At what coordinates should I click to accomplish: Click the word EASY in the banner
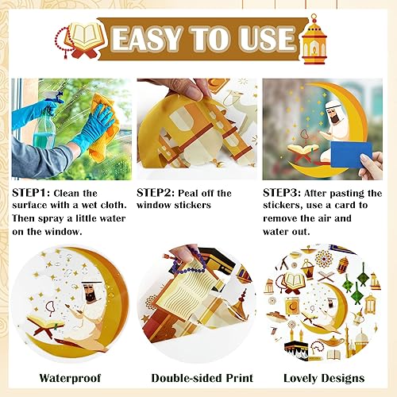pyautogui.click(x=146, y=39)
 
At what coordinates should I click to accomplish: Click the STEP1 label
pyautogui.click(x=31, y=193)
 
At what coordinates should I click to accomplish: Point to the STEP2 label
pyautogui.click(x=156, y=193)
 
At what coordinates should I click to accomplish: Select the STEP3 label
pyautogui.click(x=282, y=193)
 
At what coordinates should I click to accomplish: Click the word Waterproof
pyautogui.click(x=70, y=378)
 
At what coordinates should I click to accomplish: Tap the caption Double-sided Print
pyautogui.click(x=202, y=378)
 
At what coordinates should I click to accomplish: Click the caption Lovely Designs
pyautogui.click(x=324, y=378)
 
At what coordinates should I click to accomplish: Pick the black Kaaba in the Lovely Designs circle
pyautogui.click(x=296, y=350)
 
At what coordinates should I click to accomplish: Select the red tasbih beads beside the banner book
pyautogui.click(x=63, y=42)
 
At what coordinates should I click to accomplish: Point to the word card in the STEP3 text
pyautogui.click(x=343, y=206)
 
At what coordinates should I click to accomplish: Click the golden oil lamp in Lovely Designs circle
pyautogui.click(x=331, y=341)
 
